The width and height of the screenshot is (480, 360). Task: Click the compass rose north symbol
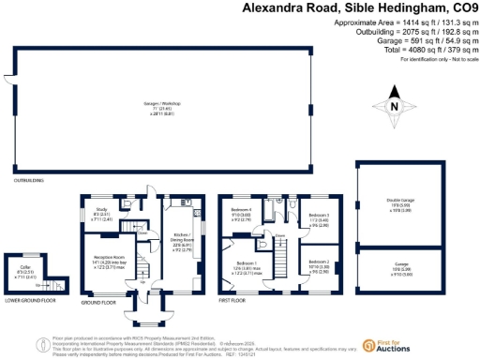(395, 105)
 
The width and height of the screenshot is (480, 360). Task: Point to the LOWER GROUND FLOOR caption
(29, 301)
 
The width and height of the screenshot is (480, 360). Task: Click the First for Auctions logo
(385, 348)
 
